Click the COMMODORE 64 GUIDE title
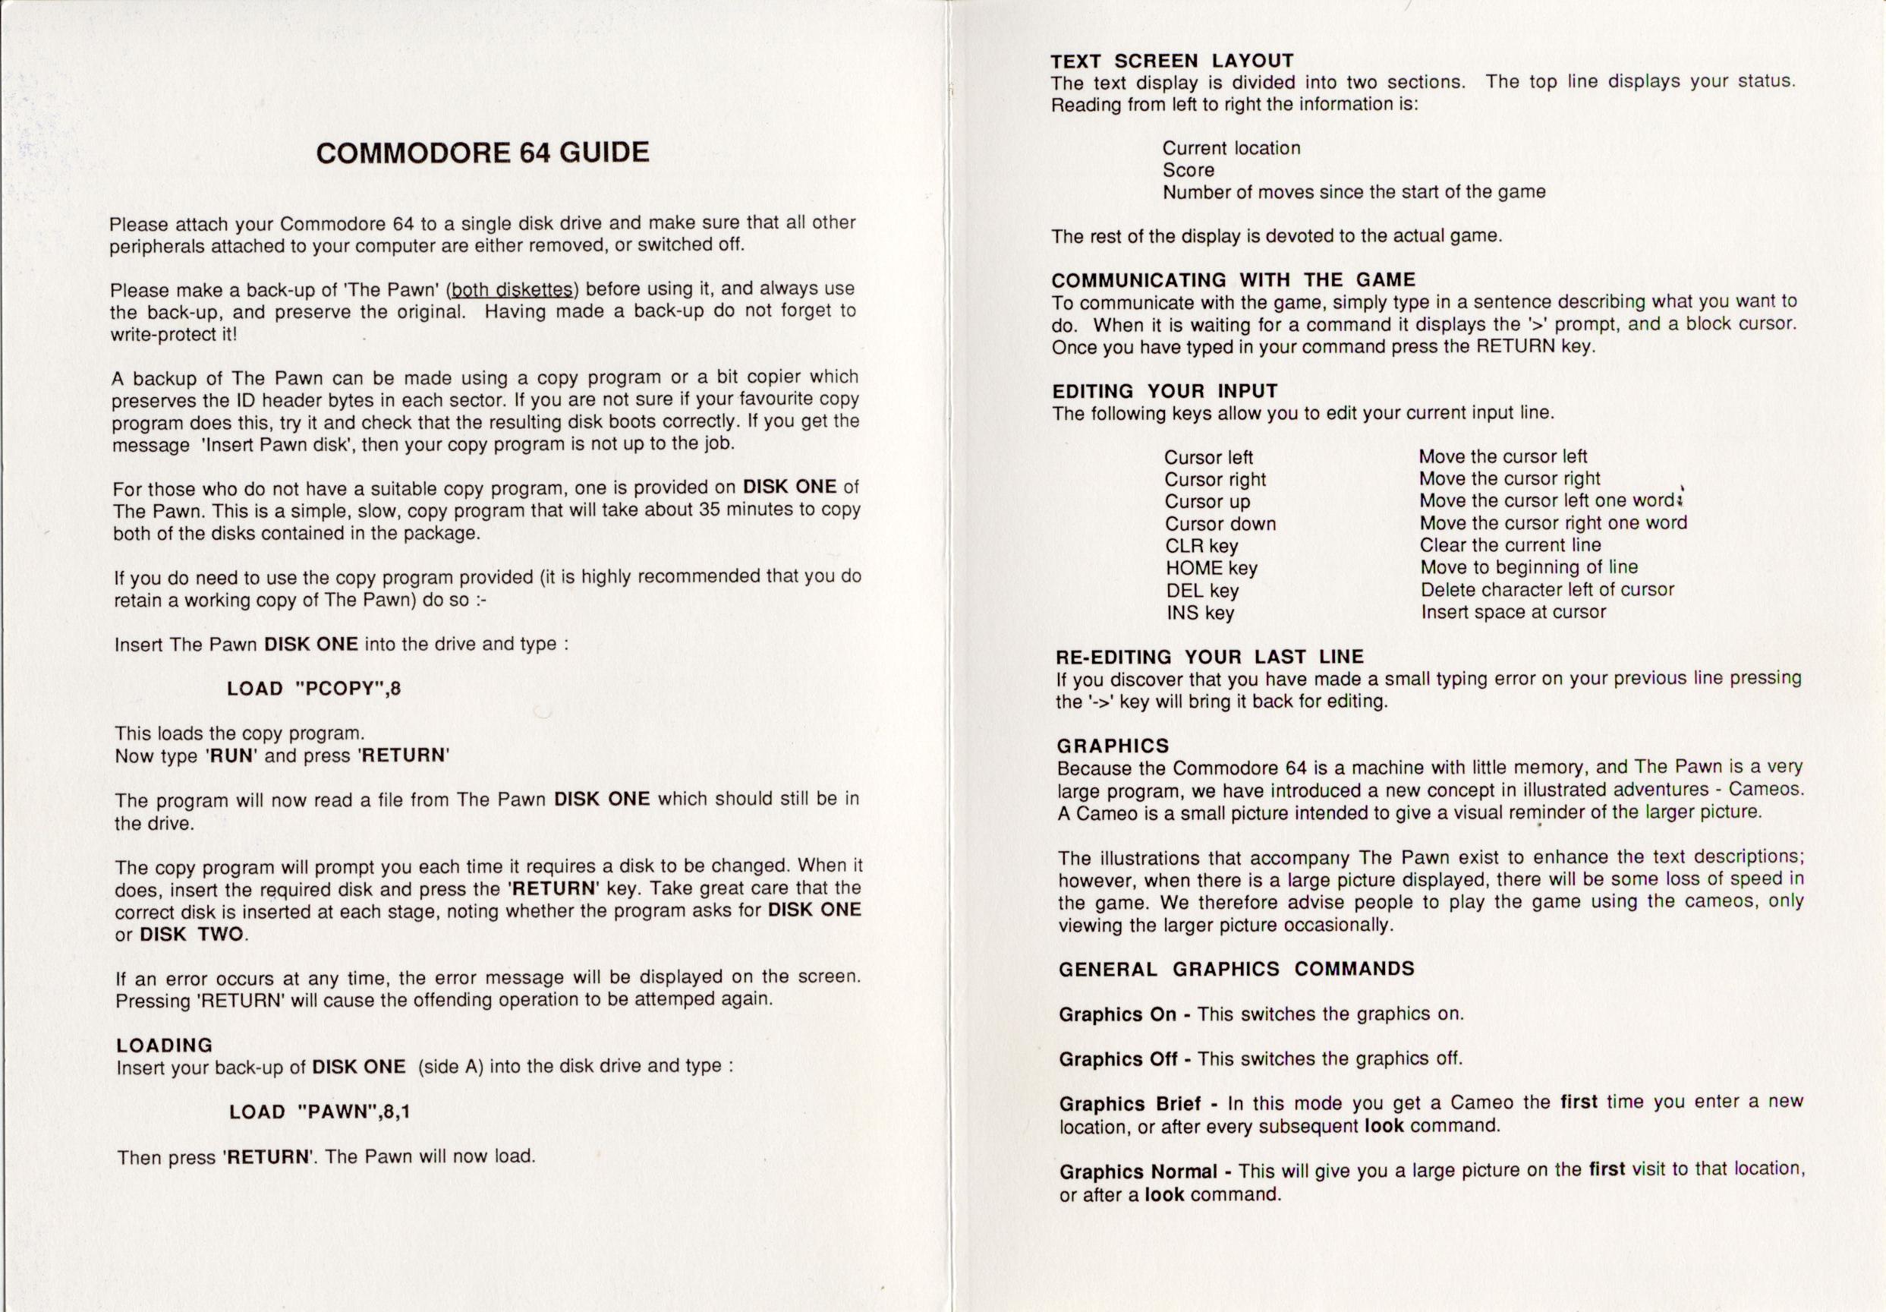click(x=482, y=153)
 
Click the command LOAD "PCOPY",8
click(x=313, y=689)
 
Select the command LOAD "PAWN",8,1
click(x=320, y=1112)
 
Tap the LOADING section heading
click(x=164, y=1045)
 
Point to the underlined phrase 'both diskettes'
click(x=513, y=289)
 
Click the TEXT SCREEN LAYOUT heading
click(x=1172, y=61)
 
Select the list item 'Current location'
click(x=1231, y=149)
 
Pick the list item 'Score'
click(x=1188, y=170)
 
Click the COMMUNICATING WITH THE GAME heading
click(x=1233, y=280)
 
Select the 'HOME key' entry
click(x=1211, y=569)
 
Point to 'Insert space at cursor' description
click(x=1513, y=612)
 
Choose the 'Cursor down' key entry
click(x=1220, y=524)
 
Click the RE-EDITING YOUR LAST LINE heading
click(x=1209, y=658)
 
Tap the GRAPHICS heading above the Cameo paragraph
click(x=1112, y=746)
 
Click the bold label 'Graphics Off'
click(x=1118, y=1059)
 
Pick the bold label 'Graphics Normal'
click(x=1138, y=1172)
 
